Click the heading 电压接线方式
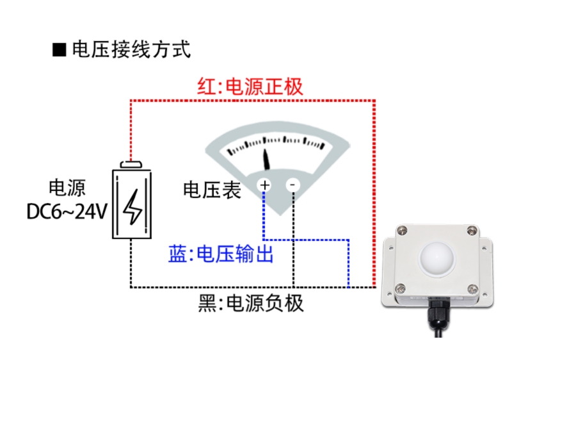[x=131, y=49]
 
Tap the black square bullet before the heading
[x=60, y=50]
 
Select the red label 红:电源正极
[x=250, y=87]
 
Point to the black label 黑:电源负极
[x=250, y=302]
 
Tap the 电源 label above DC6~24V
[x=67, y=188]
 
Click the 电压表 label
[x=212, y=190]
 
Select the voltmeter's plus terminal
[x=264, y=185]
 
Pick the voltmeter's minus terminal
[x=292, y=185]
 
